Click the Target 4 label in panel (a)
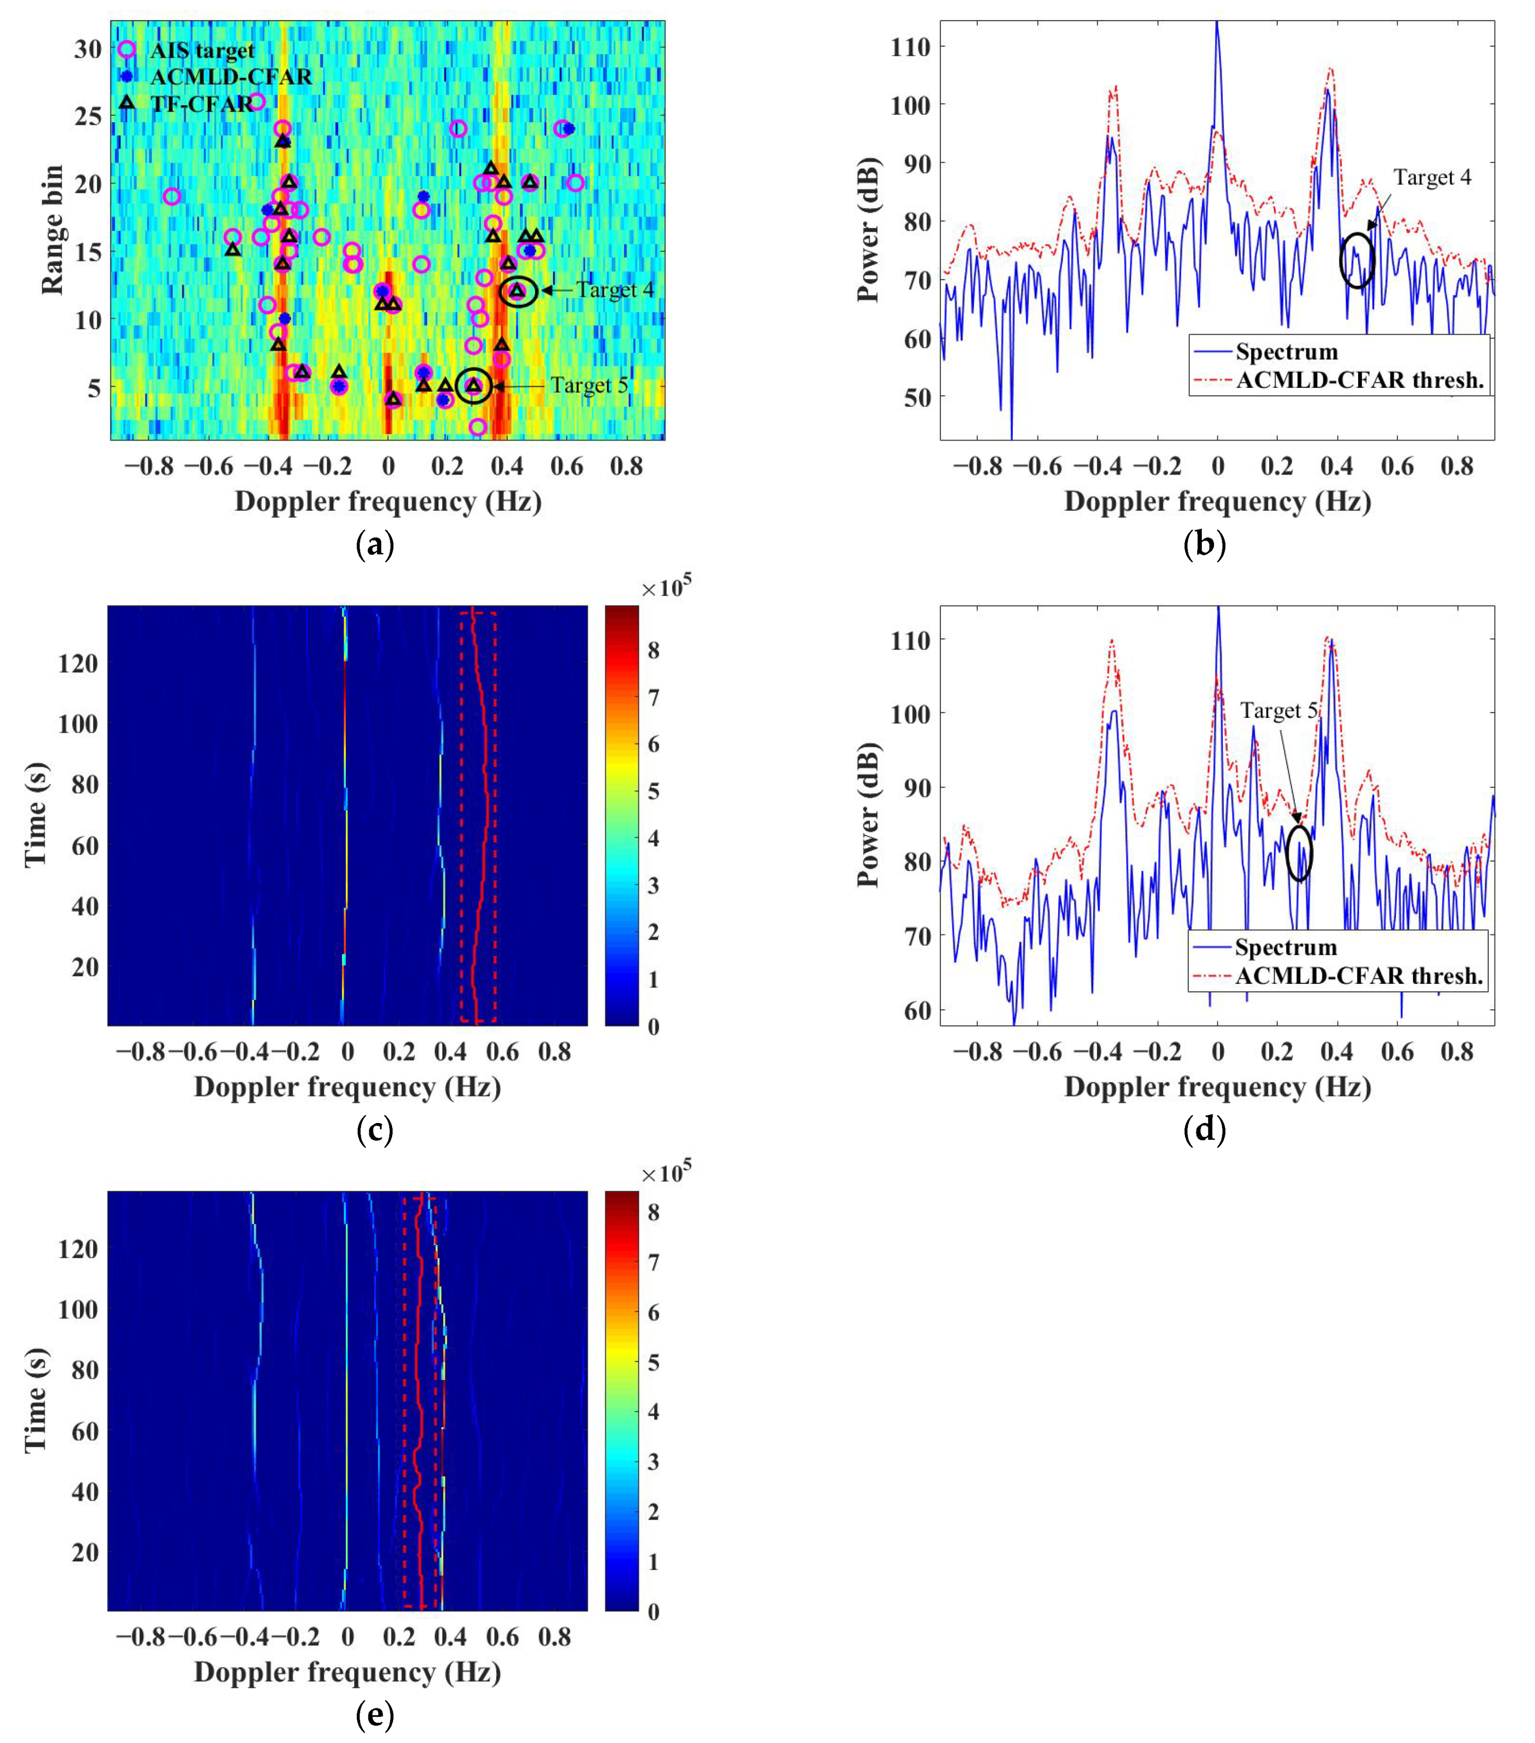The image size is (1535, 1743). tap(614, 290)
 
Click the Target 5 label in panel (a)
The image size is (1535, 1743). tap(588, 385)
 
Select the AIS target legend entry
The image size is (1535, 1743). tap(202, 50)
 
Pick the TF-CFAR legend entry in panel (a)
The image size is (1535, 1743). tap(202, 104)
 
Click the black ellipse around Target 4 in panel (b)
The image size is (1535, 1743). tap(1356, 260)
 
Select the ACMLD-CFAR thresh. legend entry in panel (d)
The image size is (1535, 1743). tap(1359, 975)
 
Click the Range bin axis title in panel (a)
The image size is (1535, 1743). tap(53, 230)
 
